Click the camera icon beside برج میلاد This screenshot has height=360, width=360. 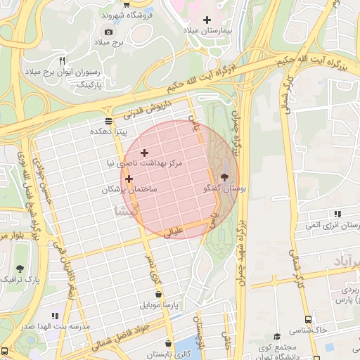(x=108, y=32)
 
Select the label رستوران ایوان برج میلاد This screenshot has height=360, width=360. (x=73, y=72)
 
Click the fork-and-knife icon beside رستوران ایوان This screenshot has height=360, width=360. (x=63, y=60)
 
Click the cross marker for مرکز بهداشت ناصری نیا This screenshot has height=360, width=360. (x=144, y=153)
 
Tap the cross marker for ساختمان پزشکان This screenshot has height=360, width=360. (x=129, y=179)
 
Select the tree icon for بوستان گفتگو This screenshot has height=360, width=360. (x=224, y=177)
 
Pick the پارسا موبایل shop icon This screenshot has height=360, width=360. (x=159, y=295)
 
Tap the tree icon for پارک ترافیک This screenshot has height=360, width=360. (x=20, y=268)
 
